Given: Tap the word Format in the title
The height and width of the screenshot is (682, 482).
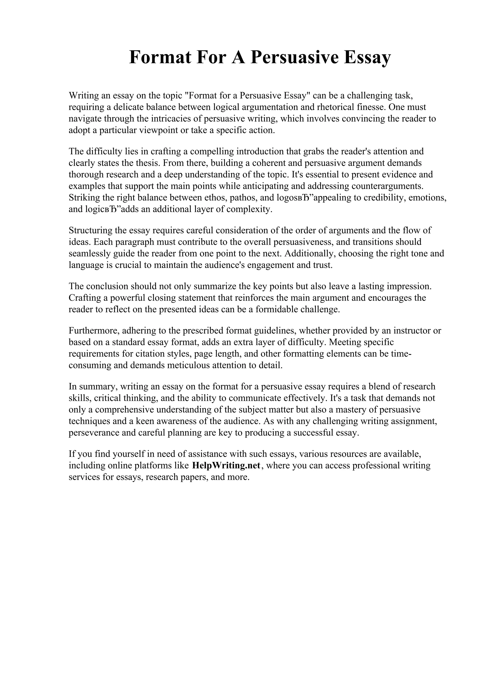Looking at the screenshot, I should [x=160, y=57].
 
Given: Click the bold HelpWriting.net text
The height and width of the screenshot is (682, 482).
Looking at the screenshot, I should [x=226, y=465].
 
